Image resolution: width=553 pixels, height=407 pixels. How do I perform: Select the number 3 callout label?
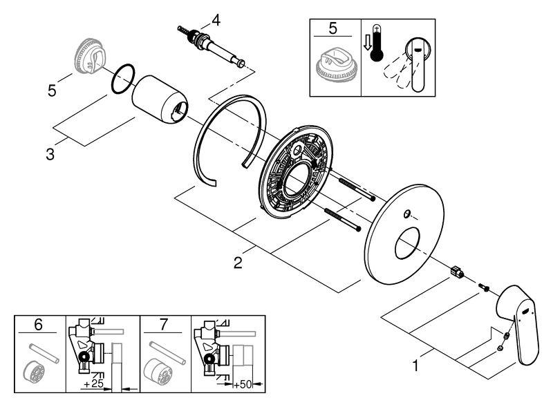coord(50,153)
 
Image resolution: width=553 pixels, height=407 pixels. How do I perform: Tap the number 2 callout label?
coord(237,263)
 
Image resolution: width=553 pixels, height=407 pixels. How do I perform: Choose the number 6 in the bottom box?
coord(38,323)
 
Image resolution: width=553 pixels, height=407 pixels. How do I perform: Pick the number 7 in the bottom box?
coord(164,323)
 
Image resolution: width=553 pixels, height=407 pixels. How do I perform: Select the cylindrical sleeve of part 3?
coord(160,101)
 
